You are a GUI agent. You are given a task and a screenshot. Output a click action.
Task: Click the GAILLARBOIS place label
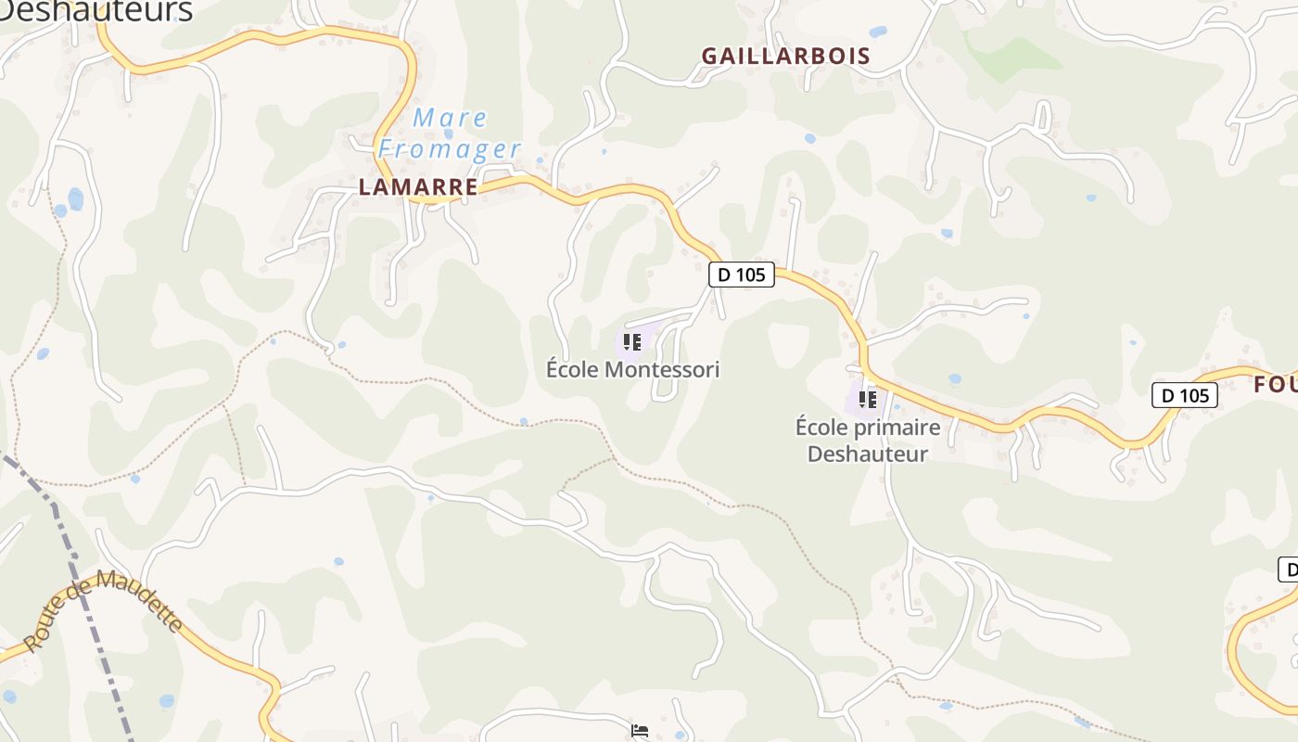(785, 56)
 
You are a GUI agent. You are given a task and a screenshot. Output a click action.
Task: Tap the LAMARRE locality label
(418, 187)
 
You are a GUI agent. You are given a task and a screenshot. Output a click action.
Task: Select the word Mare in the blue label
(450, 118)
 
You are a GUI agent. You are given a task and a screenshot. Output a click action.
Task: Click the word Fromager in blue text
(450, 149)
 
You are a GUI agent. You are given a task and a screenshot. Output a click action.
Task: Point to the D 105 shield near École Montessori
(742, 275)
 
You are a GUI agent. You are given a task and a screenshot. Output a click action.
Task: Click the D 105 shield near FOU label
(1184, 395)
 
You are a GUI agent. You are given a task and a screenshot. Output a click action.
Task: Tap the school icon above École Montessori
(632, 343)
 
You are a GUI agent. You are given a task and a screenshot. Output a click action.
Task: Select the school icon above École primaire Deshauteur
(867, 400)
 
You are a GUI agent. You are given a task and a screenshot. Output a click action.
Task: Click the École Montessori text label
(632, 369)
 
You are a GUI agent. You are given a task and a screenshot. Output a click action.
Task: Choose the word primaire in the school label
(894, 428)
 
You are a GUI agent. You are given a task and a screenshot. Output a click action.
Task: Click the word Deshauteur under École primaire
(867, 454)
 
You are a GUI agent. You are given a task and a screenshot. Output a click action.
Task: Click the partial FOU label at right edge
(1276, 384)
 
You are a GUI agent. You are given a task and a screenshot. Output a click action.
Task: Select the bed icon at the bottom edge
(639, 731)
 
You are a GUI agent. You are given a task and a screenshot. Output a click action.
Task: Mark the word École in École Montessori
(572, 369)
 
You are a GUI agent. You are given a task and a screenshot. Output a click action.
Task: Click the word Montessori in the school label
(661, 369)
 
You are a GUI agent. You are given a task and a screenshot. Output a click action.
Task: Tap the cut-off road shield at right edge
(1288, 569)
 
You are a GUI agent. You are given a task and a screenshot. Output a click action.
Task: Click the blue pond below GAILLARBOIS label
(809, 138)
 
